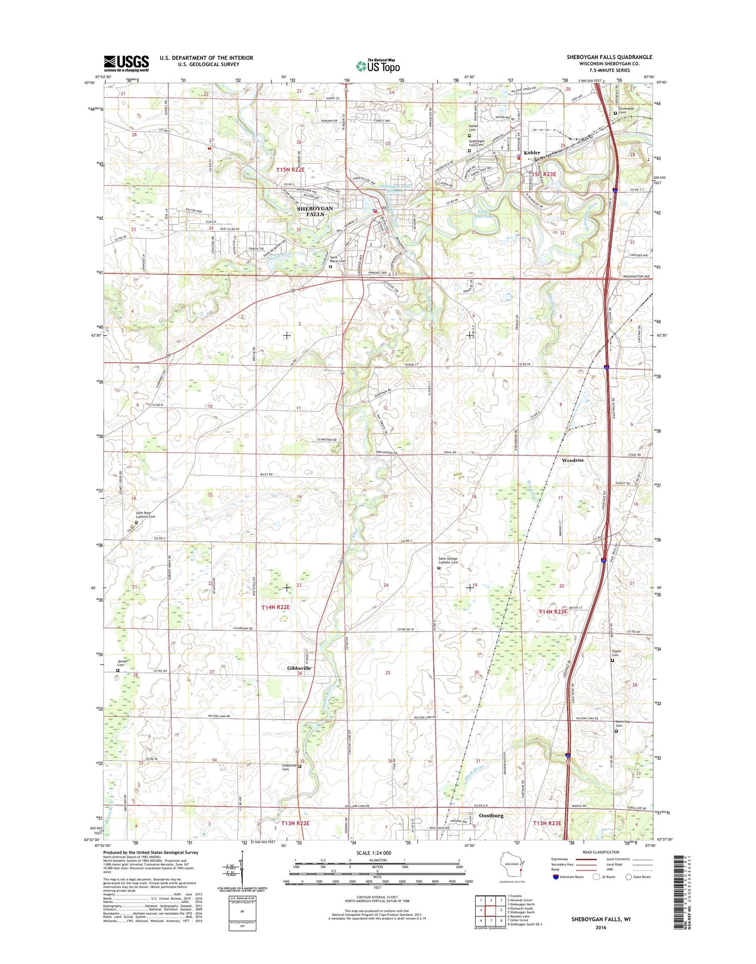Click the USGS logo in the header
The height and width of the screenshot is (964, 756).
tap(126, 63)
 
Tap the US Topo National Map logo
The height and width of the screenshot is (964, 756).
tap(378, 65)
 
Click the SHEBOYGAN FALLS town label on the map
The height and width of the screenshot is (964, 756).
tap(314, 211)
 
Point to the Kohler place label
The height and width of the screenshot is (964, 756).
tap(532, 153)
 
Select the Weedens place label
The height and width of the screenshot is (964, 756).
tap(572, 460)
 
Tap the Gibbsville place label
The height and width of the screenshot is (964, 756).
tap(299, 668)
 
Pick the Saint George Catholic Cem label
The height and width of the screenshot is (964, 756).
tap(448, 561)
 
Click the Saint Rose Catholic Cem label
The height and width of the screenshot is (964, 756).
tap(145, 515)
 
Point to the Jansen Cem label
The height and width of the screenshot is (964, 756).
tap(122, 663)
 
